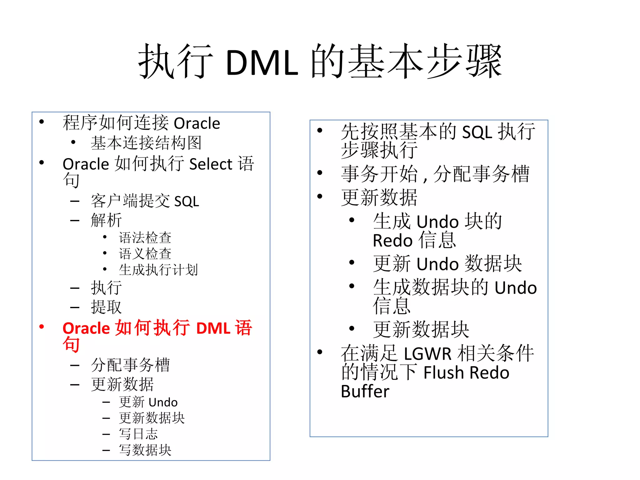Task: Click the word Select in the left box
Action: [211, 164]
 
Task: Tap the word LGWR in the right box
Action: [427, 354]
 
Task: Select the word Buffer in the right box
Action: [365, 392]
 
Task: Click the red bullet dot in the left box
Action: [42, 327]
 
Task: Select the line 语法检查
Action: [145, 238]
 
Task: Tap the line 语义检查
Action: [145, 254]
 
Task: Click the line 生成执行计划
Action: [158, 270]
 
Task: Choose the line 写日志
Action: [138, 434]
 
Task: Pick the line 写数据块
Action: [145, 450]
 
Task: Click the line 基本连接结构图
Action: [146, 143]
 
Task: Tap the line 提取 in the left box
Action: [106, 307]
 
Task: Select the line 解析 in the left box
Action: [106, 220]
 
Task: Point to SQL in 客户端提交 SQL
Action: [187, 202]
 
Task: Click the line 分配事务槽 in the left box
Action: [130, 365]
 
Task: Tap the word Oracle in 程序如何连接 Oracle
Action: [197, 123]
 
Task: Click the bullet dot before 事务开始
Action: [320, 173]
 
